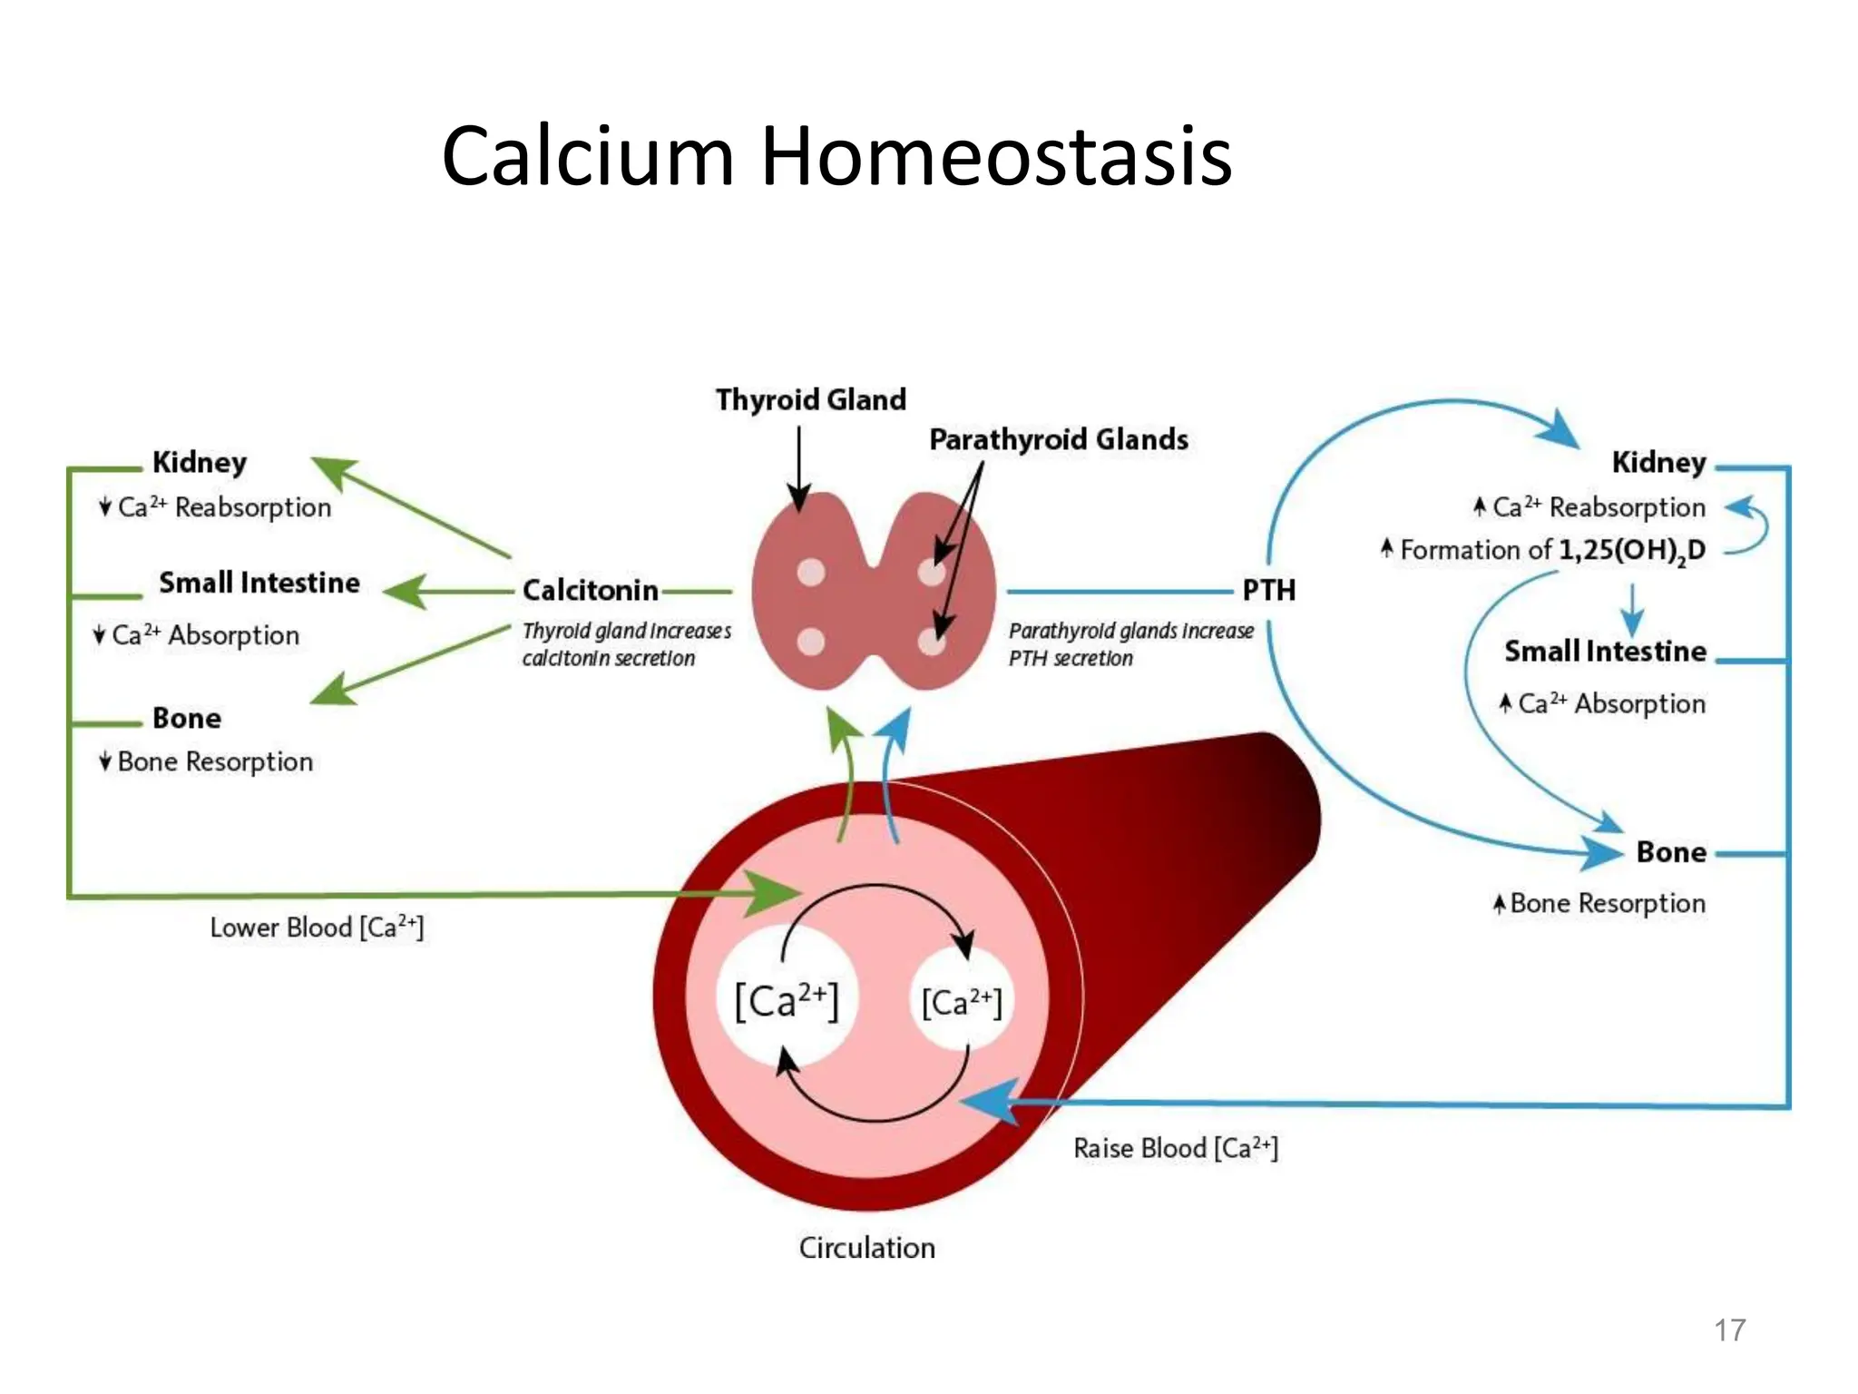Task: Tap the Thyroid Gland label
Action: point(810,399)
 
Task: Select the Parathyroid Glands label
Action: point(1058,439)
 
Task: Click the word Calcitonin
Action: point(590,591)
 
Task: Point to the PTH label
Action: point(1268,591)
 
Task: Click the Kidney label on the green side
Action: point(199,462)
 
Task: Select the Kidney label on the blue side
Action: point(1658,462)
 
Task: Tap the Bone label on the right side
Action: point(1670,852)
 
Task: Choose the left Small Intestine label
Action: point(259,583)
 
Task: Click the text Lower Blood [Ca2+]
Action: point(317,928)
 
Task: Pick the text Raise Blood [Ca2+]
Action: point(1175,1148)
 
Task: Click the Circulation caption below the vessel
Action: point(866,1248)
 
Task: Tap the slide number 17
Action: point(1729,1330)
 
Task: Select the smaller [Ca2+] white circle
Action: point(962,1003)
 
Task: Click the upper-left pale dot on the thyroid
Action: point(810,572)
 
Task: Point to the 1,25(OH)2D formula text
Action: point(1631,550)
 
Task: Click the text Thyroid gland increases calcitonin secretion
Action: point(626,644)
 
